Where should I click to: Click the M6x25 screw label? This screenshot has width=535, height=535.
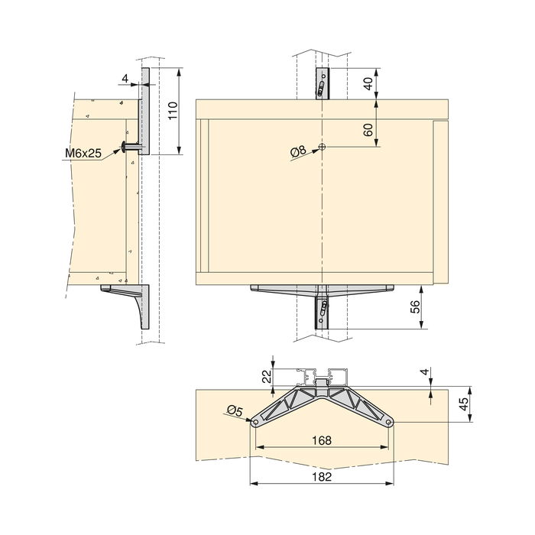click(83, 154)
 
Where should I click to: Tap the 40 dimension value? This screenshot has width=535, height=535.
click(369, 83)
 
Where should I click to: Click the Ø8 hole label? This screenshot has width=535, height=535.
click(298, 151)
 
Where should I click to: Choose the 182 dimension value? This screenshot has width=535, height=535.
click(322, 476)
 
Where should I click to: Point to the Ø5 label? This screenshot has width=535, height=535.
click(235, 412)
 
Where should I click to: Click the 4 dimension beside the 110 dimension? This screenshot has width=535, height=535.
click(123, 78)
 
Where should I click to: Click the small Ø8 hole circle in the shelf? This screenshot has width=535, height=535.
click(323, 147)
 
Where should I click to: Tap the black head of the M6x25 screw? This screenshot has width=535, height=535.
click(124, 147)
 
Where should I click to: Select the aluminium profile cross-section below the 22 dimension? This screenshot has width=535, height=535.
click(321, 376)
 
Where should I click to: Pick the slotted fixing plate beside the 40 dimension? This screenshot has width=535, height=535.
click(323, 84)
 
